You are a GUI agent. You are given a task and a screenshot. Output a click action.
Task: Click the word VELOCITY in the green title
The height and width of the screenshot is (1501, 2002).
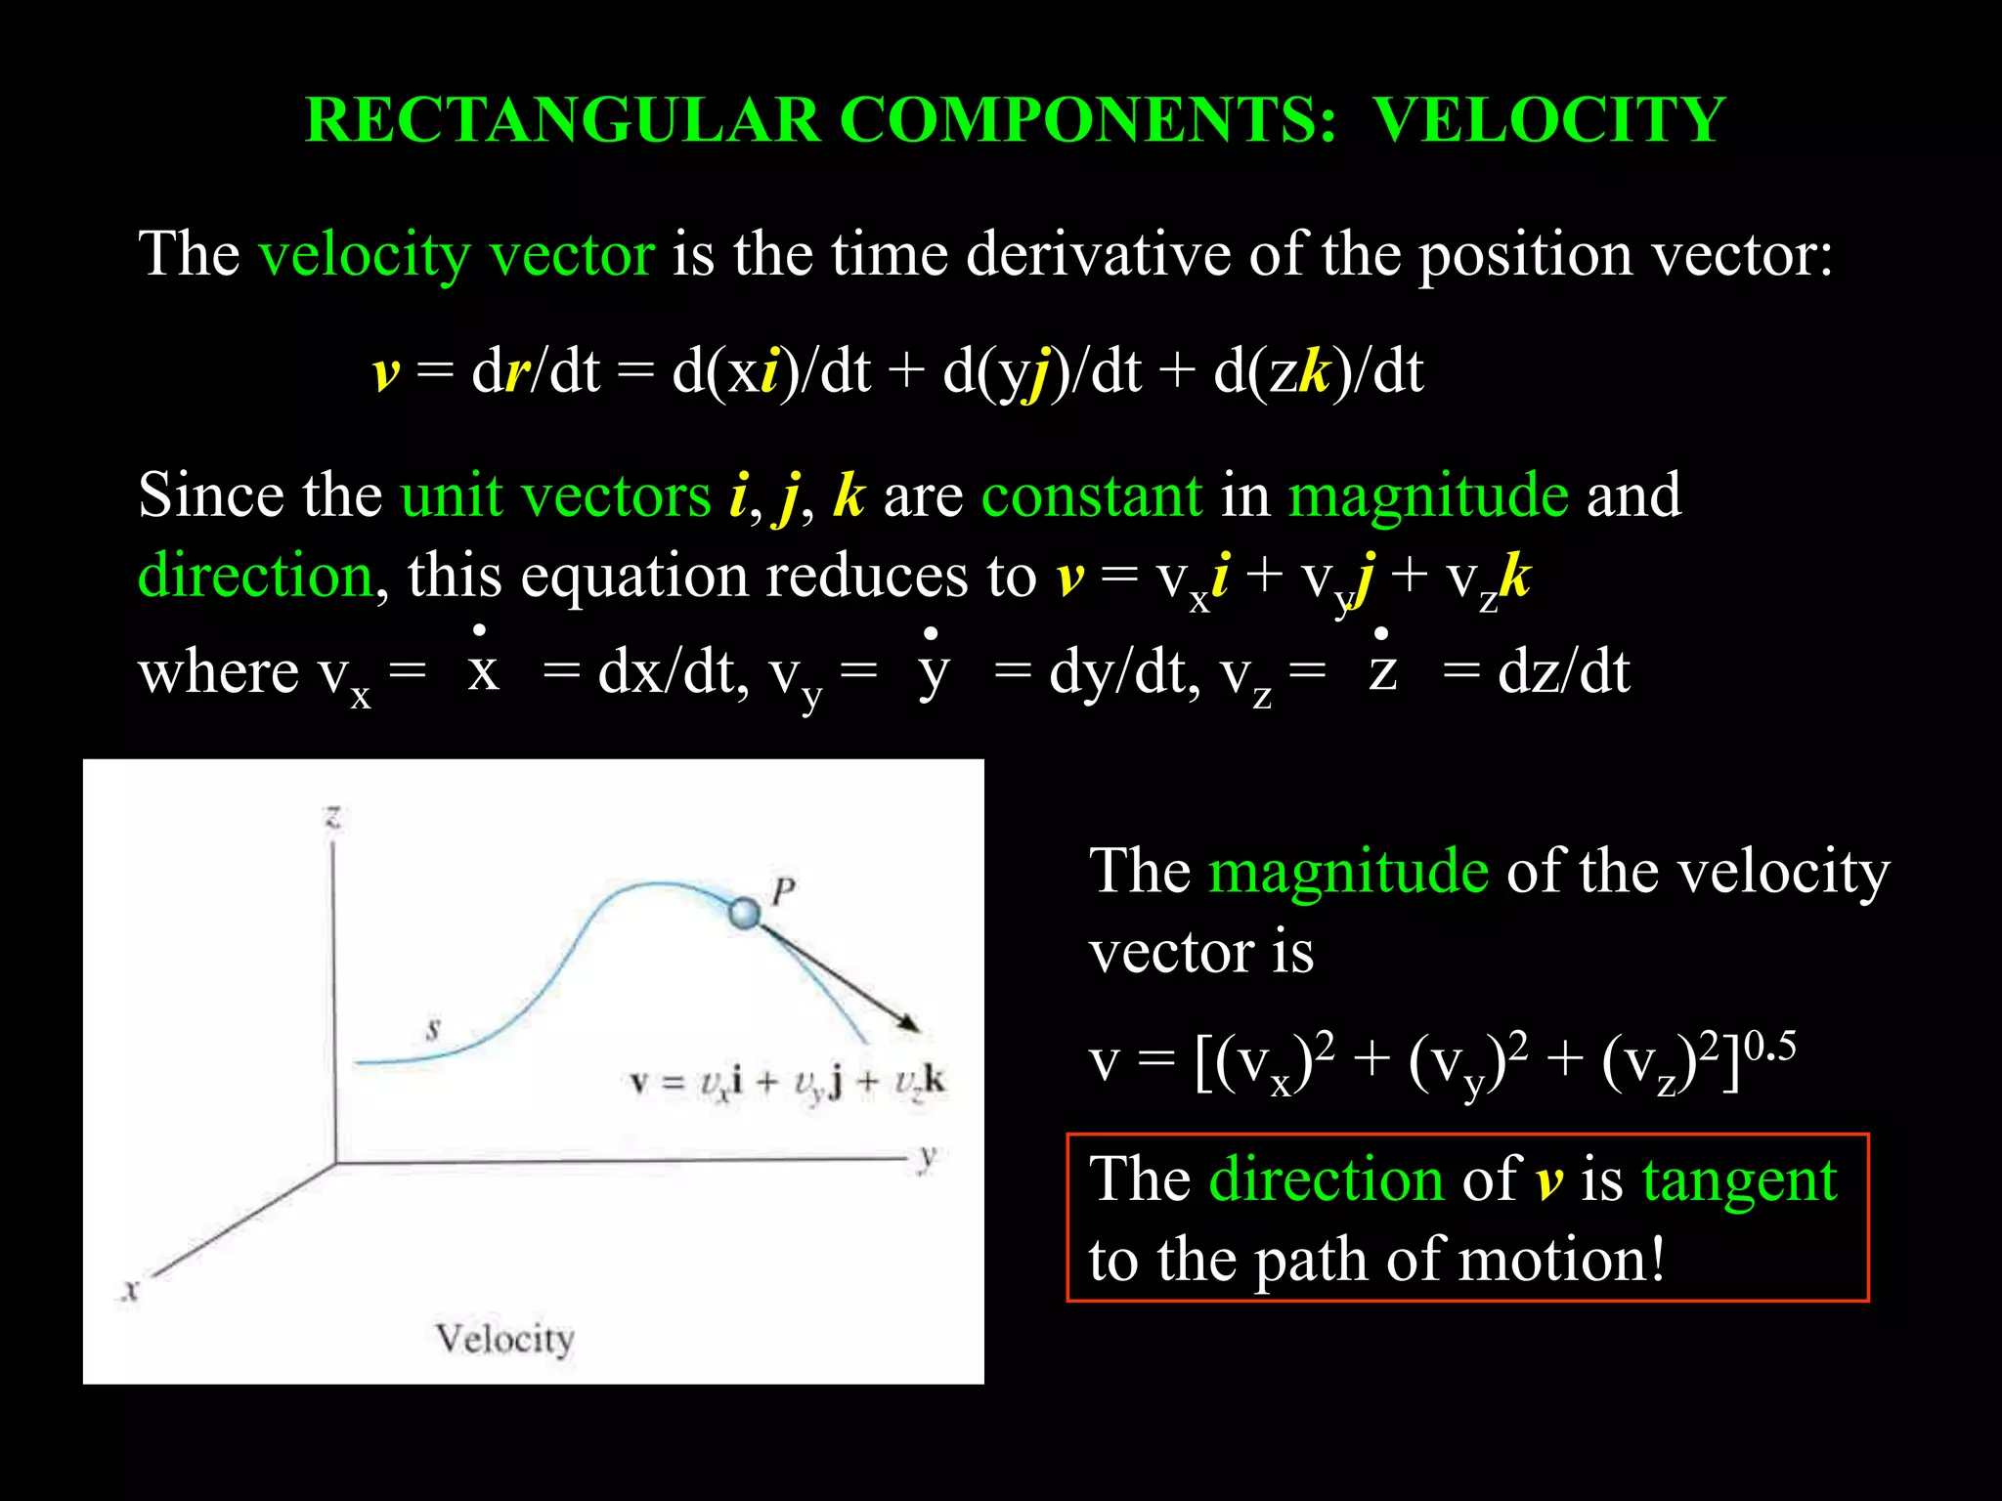click(x=1549, y=120)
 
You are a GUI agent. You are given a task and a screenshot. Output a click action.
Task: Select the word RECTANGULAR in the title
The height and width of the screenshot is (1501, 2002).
click(x=562, y=120)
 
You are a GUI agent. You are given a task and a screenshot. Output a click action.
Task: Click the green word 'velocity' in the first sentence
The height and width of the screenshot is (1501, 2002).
click(x=364, y=256)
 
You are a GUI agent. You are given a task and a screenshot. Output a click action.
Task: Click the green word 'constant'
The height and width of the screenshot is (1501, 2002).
click(x=1091, y=495)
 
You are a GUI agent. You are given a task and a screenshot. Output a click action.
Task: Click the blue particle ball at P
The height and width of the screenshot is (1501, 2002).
click(x=745, y=914)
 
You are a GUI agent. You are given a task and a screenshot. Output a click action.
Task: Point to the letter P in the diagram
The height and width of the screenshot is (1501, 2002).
click(x=784, y=890)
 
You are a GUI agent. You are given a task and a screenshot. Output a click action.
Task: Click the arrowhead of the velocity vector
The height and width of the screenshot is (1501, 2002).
click(x=910, y=1023)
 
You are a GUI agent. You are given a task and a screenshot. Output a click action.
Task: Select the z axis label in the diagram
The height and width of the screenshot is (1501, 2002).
click(x=333, y=816)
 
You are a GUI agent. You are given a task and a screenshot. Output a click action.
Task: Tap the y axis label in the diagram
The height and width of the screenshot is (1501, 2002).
click(x=928, y=1158)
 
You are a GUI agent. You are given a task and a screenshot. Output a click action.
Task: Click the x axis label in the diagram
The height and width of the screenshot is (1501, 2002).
click(x=130, y=1290)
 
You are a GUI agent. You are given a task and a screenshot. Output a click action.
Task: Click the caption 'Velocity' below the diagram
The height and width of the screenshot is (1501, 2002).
click(x=504, y=1338)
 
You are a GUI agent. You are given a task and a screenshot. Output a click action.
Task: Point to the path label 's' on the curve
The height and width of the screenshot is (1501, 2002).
click(x=433, y=1028)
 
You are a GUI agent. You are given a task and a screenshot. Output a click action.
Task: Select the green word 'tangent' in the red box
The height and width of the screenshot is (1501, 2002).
click(x=1739, y=1180)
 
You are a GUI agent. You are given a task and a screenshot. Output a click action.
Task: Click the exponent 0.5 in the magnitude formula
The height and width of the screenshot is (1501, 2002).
click(x=1769, y=1047)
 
